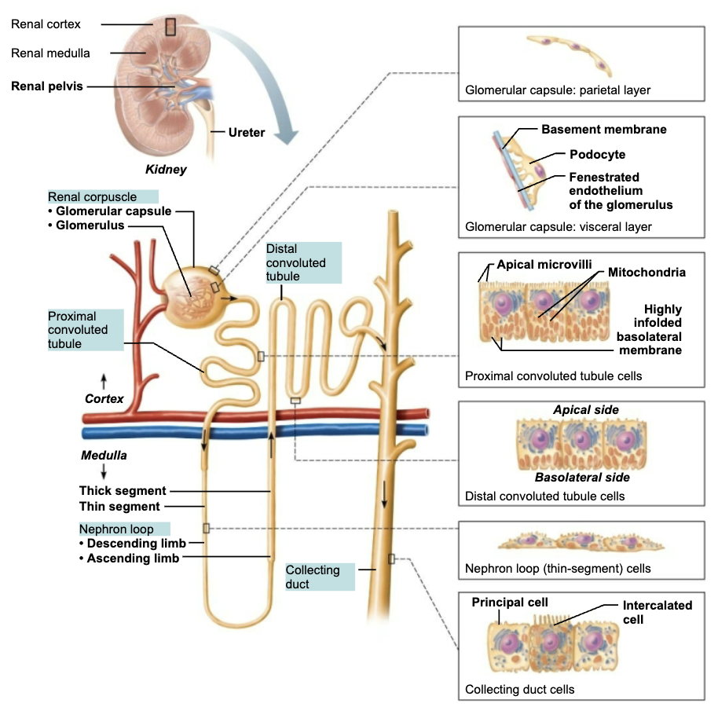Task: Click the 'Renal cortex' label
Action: coord(46,24)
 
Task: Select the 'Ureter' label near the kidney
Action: coord(246,133)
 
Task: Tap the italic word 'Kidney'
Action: coord(166,169)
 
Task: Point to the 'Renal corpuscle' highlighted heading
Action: coord(92,197)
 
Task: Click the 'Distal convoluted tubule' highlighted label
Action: coord(295,262)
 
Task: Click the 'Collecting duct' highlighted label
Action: coord(312,577)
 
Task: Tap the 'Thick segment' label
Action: coord(123,491)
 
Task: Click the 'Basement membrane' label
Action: coord(604,129)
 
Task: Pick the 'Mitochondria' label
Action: coord(647,273)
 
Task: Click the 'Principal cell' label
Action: coord(509,603)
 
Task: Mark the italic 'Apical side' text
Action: coord(585,410)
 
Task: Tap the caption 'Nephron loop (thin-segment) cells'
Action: coord(558,568)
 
